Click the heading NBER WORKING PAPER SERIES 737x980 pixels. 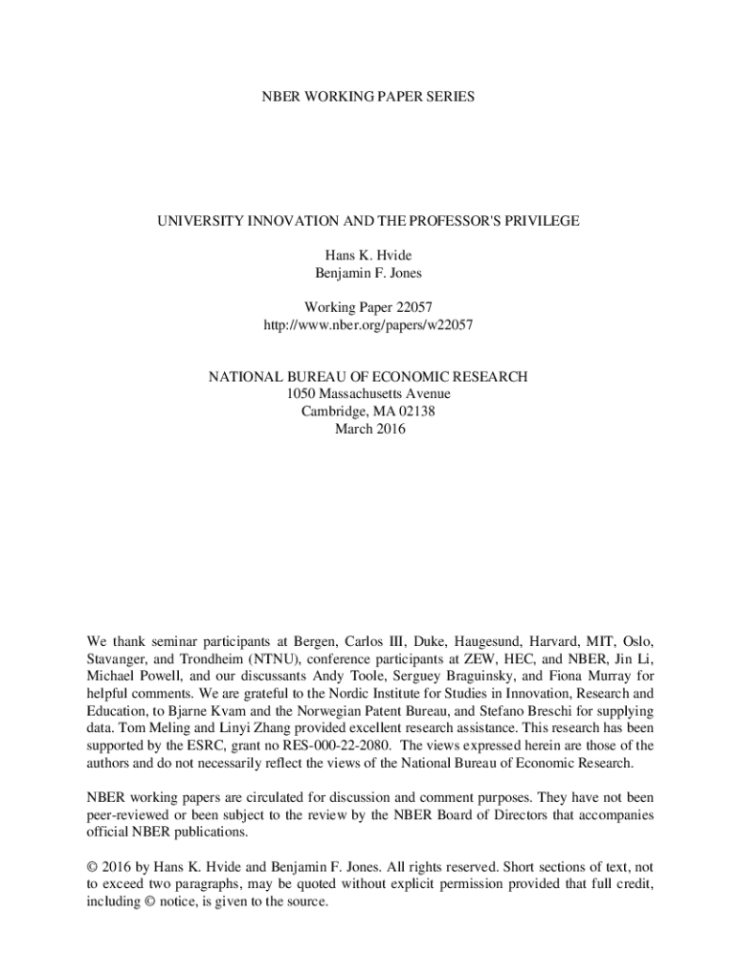click(x=368, y=97)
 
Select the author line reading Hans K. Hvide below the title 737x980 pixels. click(x=368, y=256)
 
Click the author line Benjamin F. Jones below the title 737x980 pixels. click(x=368, y=273)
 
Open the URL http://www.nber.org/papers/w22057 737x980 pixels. click(x=368, y=325)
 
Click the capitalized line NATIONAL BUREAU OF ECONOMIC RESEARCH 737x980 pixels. click(x=368, y=378)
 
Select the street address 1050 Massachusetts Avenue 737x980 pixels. click(x=368, y=394)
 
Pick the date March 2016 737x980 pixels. click(x=368, y=429)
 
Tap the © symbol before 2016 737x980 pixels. click(x=92, y=867)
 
